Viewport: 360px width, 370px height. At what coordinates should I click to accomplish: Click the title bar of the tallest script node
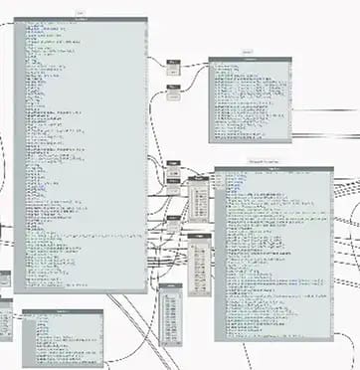click(x=81, y=20)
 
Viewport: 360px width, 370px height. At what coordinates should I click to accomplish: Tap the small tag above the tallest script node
click(x=81, y=13)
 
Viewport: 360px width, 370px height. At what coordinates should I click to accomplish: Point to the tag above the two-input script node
click(x=248, y=52)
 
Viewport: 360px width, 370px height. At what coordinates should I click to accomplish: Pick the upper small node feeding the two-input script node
click(x=173, y=63)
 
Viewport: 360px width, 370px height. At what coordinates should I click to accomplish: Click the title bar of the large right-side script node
click(x=273, y=169)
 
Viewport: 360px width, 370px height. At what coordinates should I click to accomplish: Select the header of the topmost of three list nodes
click(x=199, y=179)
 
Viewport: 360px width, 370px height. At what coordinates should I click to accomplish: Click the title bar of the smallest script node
click(x=63, y=311)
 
